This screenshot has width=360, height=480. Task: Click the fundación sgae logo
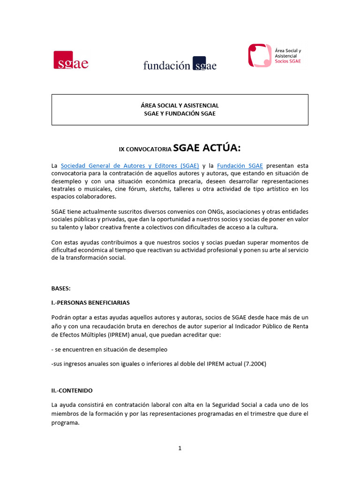(x=180, y=65)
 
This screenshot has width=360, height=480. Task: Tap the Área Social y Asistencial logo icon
(x=259, y=55)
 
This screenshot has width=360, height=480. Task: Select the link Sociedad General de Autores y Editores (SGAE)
(x=130, y=165)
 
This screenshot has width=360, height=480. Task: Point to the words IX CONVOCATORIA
(x=145, y=150)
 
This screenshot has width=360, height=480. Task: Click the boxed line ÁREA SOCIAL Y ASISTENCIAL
(x=180, y=105)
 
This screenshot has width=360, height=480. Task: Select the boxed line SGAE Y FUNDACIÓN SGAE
(x=180, y=113)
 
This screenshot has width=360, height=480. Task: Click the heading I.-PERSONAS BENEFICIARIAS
(x=90, y=303)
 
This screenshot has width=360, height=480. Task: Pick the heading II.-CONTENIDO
(x=72, y=390)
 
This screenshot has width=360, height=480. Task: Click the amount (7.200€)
(x=255, y=363)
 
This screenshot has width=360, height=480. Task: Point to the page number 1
(x=180, y=448)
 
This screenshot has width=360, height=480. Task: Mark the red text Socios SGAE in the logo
(x=288, y=61)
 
